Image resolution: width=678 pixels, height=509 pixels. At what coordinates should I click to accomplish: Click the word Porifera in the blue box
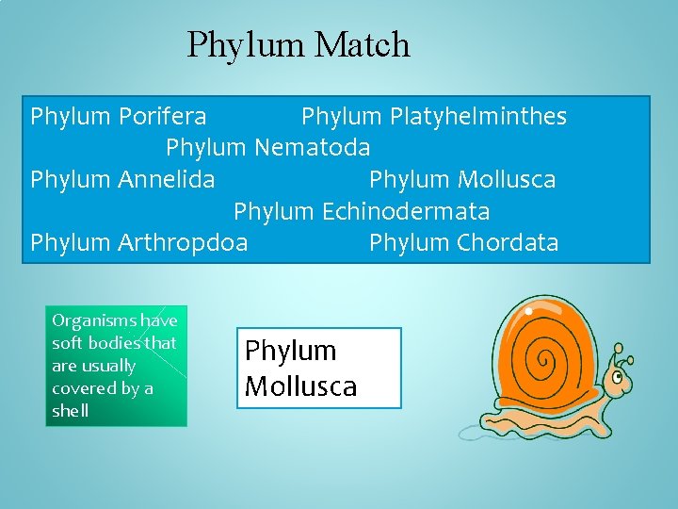pyautogui.click(x=163, y=116)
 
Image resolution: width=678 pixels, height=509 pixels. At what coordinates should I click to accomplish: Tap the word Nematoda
pyautogui.click(x=313, y=147)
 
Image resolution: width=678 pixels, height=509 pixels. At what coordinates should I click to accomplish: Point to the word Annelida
pyautogui.click(x=167, y=179)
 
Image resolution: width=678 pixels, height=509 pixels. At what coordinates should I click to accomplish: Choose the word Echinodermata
pyautogui.click(x=406, y=210)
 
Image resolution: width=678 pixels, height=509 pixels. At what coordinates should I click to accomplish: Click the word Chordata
pyautogui.click(x=508, y=242)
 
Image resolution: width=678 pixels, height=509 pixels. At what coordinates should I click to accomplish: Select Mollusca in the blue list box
pyautogui.click(x=507, y=179)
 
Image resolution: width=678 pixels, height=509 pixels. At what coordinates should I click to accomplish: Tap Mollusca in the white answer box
pyautogui.click(x=300, y=386)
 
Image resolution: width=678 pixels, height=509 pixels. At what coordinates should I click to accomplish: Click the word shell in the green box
pyautogui.click(x=71, y=410)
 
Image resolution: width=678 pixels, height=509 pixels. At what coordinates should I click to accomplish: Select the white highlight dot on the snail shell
pyautogui.click(x=530, y=309)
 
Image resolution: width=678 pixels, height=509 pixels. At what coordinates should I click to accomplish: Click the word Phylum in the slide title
pyautogui.click(x=246, y=44)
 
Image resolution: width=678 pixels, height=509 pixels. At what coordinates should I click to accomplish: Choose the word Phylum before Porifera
pyautogui.click(x=72, y=116)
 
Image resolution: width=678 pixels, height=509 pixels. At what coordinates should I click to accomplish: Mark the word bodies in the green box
pyautogui.click(x=118, y=343)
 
